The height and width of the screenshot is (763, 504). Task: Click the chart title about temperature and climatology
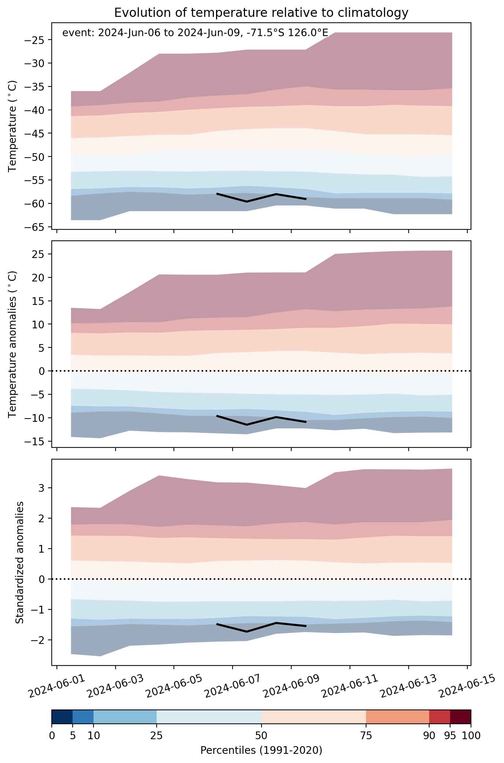(x=261, y=13)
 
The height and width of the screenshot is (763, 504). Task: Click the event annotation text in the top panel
(x=195, y=33)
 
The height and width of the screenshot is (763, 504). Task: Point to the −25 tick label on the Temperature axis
(x=34, y=40)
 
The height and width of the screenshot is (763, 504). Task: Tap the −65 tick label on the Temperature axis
(x=34, y=227)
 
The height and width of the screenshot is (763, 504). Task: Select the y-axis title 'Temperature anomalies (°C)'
(x=13, y=344)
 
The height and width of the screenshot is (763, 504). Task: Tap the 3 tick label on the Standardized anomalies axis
(x=42, y=488)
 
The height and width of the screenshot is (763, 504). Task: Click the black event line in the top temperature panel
(x=261, y=198)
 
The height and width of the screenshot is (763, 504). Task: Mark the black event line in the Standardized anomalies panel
(x=261, y=627)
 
